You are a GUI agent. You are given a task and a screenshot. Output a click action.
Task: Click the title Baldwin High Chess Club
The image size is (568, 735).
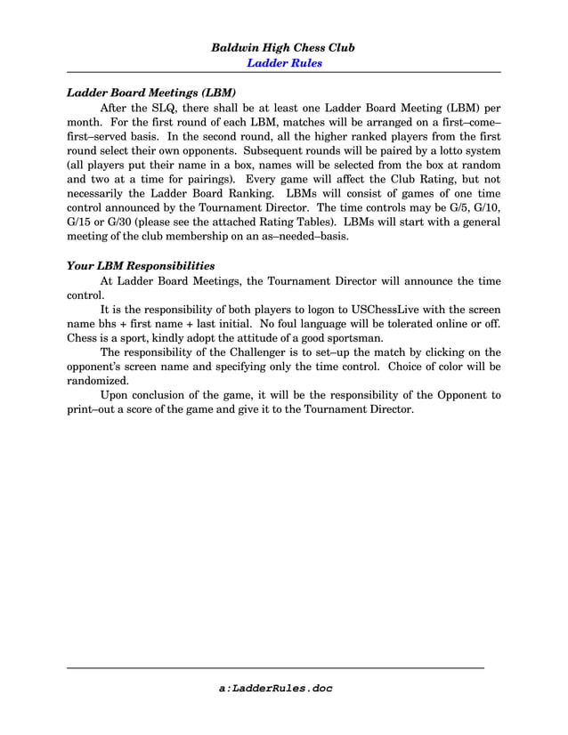(x=283, y=47)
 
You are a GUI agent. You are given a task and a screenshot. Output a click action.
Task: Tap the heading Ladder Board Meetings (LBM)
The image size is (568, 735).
(x=152, y=92)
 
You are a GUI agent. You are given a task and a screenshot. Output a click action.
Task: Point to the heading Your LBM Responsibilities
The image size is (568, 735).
(x=141, y=265)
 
